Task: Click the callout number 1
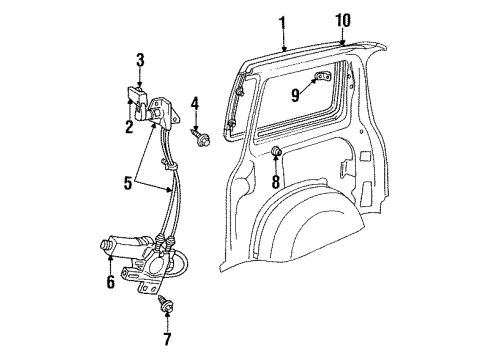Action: coord(282,22)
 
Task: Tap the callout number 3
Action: coord(141,60)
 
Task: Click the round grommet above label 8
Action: coord(274,152)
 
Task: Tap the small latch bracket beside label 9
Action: coord(322,78)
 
